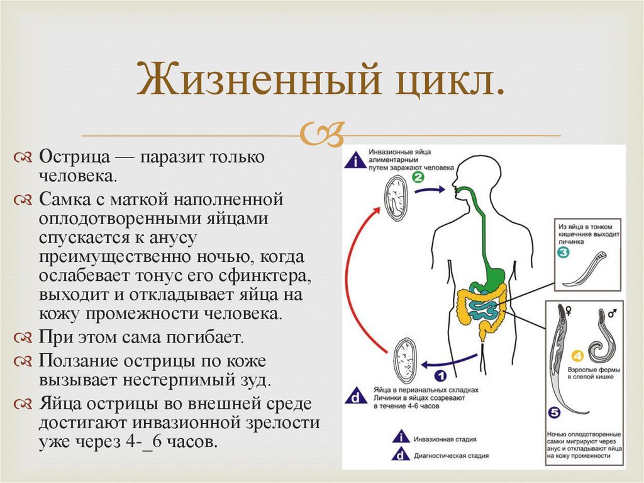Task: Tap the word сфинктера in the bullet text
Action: [270, 278]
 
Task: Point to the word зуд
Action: [257, 380]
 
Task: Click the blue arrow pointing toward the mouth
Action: [434, 188]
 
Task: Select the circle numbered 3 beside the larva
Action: [563, 254]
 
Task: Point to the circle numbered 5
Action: [553, 414]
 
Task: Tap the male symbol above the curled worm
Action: [611, 311]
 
